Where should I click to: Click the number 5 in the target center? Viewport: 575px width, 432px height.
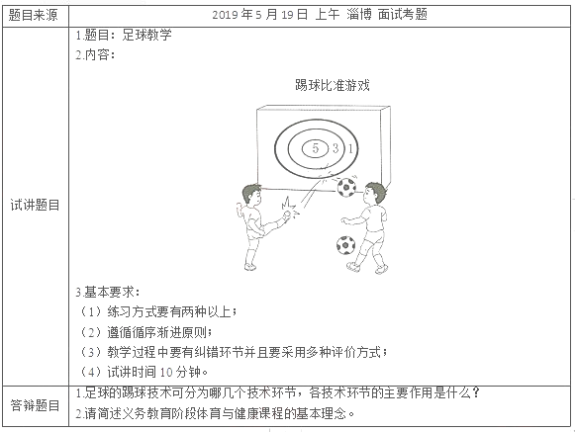pyautogui.click(x=314, y=148)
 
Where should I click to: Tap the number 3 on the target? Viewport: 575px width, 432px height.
pyautogui.click(x=335, y=148)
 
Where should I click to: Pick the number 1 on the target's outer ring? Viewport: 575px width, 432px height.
pyautogui.click(x=351, y=148)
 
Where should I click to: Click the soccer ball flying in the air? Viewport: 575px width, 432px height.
pyautogui.click(x=346, y=188)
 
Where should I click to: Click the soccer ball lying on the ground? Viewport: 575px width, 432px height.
pyautogui.click(x=345, y=244)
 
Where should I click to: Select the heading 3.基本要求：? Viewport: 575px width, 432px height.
pyautogui.click(x=109, y=294)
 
